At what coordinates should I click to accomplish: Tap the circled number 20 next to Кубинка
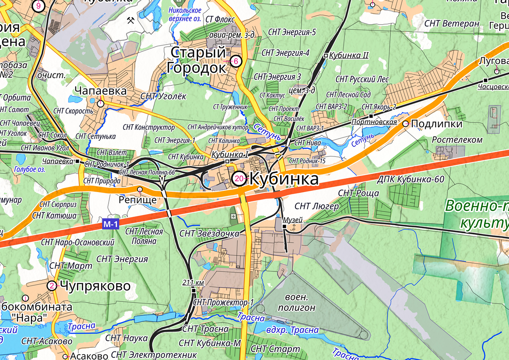(239, 179)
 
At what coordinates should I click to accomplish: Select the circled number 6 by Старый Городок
(236, 61)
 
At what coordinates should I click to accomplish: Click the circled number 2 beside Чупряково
(52, 285)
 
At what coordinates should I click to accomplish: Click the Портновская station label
(374, 122)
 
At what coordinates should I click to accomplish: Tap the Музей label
(292, 220)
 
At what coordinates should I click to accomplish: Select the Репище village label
(138, 199)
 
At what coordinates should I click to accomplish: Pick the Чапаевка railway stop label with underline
(58, 161)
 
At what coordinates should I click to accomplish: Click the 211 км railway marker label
(193, 282)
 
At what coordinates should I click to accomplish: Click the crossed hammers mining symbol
(131, 20)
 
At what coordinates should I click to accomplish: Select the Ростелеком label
(457, 140)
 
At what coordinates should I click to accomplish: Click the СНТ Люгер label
(316, 207)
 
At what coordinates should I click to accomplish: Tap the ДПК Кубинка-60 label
(411, 180)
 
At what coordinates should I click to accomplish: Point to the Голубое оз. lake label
(29, 169)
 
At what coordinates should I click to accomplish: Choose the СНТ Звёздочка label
(209, 233)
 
